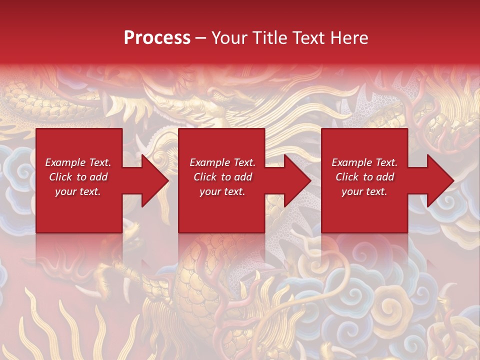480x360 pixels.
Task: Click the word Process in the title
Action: [157, 38]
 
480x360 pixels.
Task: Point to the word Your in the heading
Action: [230, 38]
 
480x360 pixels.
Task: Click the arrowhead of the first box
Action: [155, 180]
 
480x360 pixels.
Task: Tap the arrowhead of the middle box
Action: [297, 180]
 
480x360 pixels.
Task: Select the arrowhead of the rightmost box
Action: [440, 180]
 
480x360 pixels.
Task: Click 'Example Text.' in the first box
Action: [78, 162]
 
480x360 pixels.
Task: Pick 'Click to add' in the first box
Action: [78, 177]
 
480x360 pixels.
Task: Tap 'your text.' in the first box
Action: [78, 191]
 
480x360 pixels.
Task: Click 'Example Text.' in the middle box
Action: [222, 162]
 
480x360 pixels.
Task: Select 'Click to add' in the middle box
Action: [222, 177]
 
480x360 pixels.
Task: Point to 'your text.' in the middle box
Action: [222, 191]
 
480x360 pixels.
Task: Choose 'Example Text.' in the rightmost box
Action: [364, 162]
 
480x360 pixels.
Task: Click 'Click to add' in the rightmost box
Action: [364, 177]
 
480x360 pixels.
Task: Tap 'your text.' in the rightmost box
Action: [364, 191]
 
